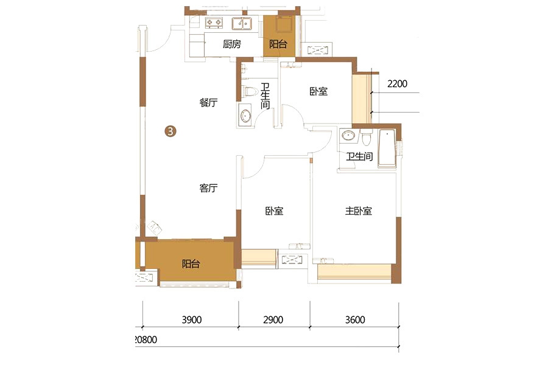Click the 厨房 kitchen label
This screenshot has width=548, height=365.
[x=232, y=44]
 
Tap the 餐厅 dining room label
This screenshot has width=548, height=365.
[x=208, y=102]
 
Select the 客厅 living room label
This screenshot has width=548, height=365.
[x=208, y=188]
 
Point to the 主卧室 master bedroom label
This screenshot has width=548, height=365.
[x=358, y=210]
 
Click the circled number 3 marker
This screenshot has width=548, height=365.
[x=170, y=131]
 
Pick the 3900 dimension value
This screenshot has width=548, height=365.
[x=192, y=319]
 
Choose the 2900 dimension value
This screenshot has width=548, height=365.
[x=273, y=319]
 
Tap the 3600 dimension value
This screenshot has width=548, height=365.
[x=355, y=319]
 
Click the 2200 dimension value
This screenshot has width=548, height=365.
[x=398, y=84]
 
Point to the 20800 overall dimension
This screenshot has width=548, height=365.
[x=146, y=339]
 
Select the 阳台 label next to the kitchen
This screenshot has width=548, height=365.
[x=278, y=44]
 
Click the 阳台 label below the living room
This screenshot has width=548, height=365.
[x=191, y=263]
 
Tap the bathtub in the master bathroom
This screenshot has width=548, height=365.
[x=387, y=148]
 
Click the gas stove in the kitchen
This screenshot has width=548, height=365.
[x=214, y=23]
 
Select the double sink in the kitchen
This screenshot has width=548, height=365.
[x=241, y=23]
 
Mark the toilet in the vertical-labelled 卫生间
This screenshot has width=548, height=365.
[x=250, y=91]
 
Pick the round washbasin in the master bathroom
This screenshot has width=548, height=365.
[x=348, y=135]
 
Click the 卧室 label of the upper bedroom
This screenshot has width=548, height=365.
[x=318, y=91]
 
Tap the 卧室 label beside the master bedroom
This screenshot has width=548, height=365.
[x=274, y=210]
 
